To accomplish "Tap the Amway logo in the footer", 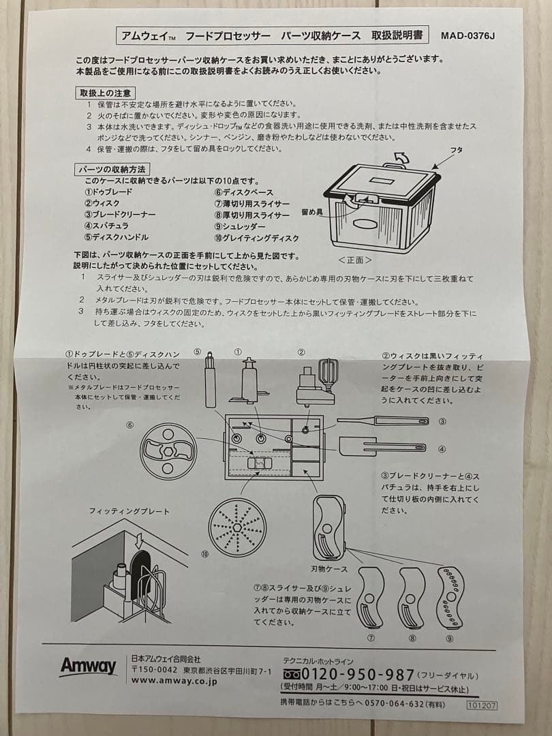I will (88, 666).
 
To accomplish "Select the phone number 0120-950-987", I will (352, 675).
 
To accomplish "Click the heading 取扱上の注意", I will (104, 92).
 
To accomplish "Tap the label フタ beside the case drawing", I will (457, 150).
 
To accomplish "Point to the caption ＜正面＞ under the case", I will (355, 260).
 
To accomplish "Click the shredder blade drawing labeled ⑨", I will (450, 598).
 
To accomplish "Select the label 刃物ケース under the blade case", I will (330, 568).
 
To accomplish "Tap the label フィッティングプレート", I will (120, 511).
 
